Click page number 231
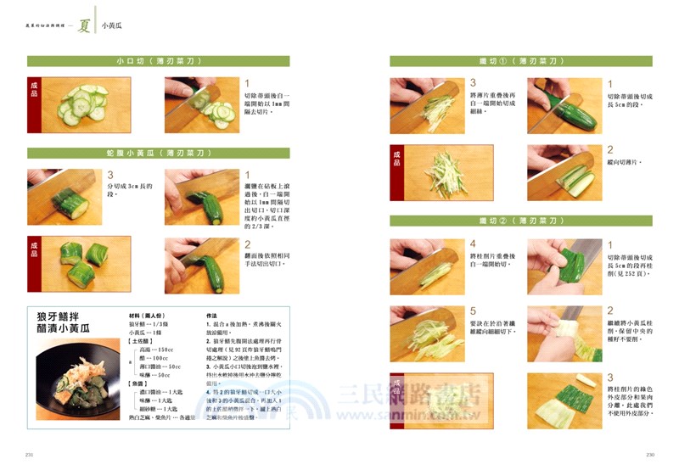(31, 455)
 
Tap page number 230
(649, 455)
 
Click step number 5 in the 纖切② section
(473, 311)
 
